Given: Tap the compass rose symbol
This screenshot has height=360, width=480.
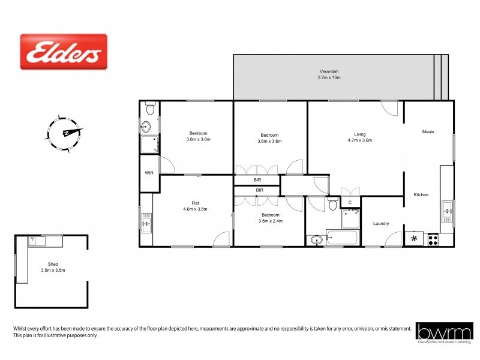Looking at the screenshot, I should [x=64, y=132].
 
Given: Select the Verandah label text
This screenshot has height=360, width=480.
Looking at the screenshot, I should [x=329, y=71].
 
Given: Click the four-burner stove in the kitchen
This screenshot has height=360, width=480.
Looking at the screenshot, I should [x=431, y=239].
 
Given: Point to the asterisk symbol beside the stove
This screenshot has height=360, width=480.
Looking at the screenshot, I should [x=413, y=239].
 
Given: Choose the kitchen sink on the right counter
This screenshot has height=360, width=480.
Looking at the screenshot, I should [x=447, y=210].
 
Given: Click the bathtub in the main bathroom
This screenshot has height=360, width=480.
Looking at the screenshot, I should [x=341, y=238].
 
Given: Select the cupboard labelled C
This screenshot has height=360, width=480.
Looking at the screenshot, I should [x=350, y=202].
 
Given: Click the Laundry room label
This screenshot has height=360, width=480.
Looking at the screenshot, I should [x=381, y=224].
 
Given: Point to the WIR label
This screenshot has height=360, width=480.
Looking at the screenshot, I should [x=149, y=173].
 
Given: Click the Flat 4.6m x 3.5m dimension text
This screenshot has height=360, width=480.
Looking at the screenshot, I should [x=195, y=209].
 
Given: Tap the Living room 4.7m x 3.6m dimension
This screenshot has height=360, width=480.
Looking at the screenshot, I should [x=359, y=140].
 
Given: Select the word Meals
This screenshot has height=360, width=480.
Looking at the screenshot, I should [x=428, y=132].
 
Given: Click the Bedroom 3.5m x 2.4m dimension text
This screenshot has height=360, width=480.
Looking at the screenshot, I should [x=270, y=221].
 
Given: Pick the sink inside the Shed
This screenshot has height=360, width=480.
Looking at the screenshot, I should [x=34, y=241].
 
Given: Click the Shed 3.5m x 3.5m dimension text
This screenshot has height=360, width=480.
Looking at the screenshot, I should [x=53, y=270].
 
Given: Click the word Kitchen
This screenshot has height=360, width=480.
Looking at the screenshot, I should [x=421, y=195].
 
